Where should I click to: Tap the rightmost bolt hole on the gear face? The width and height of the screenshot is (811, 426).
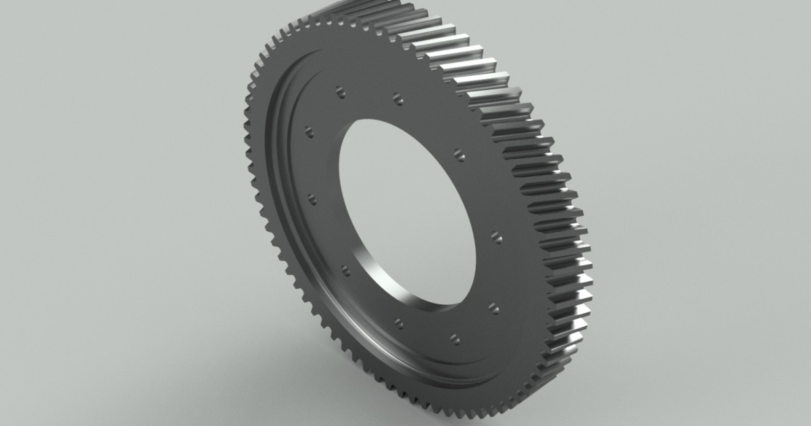[497, 237]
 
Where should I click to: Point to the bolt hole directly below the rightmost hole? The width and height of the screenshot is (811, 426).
[493, 308]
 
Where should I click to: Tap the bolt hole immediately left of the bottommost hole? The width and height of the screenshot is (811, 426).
[399, 323]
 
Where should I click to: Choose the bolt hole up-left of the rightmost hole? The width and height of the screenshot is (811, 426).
[460, 154]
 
